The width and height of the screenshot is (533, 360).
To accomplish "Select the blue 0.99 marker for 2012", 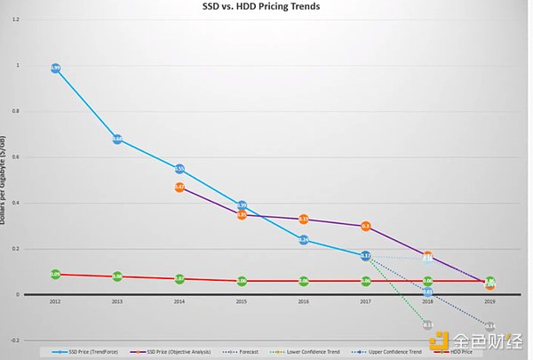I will pos(55,68).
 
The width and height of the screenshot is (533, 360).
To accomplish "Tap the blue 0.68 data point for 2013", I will pos(117,140).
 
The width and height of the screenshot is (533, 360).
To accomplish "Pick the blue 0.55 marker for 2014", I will pos(179,169).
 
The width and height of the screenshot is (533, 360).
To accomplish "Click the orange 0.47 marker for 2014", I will pos(179,188).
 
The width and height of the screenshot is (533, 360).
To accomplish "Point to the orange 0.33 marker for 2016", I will pos(304,219).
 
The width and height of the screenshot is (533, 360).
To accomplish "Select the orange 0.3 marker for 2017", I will pos(366,226).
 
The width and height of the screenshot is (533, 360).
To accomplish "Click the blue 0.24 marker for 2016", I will pos(304,240).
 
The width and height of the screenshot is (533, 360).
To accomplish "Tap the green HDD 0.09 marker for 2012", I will pos(55,275).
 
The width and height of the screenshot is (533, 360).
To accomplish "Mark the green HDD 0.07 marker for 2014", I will pos(179,279).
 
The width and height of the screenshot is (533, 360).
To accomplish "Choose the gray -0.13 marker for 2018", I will pos(427,325).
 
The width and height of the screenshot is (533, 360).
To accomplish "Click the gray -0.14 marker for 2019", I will pos(489,326).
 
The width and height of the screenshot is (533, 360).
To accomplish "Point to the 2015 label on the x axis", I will pos(242,301).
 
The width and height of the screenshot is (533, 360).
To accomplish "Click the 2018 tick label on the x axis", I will pos(427,301).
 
